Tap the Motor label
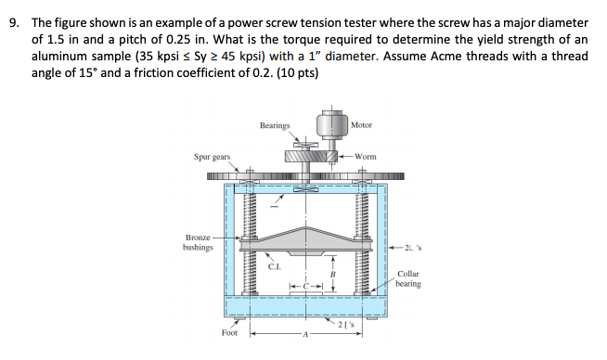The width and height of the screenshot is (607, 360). pos(362,125)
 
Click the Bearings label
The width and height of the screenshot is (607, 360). pos(275,125)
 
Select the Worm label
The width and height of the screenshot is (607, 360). pos(366,157)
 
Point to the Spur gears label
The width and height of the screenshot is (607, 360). pos(213,158)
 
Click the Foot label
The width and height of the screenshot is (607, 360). pos(229,331)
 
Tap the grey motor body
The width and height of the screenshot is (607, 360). pos(330,124)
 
